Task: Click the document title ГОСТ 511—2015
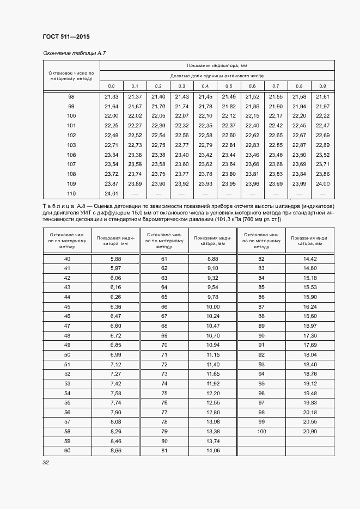pos(66,36)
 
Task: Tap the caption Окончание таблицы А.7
pos(74,53)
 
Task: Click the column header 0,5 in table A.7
pos(229,86)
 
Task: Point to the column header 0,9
pos(322,86)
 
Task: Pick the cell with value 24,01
pos(111,193)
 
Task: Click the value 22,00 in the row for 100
pos(111,116)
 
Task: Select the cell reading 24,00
pos(322,184)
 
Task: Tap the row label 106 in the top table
pos(71,155)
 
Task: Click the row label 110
pos(71,193)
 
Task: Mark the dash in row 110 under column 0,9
pos(322,193)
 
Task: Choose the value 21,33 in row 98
pos(111,96)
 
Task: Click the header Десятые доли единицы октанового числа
pos(217,76)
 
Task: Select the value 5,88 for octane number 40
pos(115,259)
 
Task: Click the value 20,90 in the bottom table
pos(310,431)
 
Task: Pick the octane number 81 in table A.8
pos(164,451)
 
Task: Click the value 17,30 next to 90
pos(310,336)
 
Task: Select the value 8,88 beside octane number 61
pos(212,259)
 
